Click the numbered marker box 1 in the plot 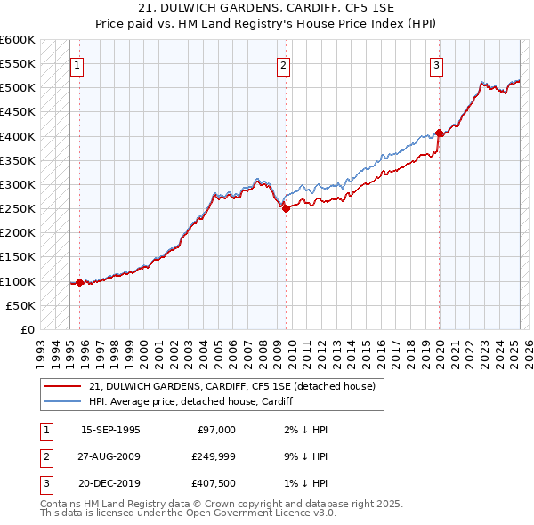coord(77,64)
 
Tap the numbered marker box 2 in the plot coord(283,64)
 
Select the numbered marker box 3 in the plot coord(437,64)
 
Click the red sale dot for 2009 coord(286,208)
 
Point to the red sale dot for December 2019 coord(440,133)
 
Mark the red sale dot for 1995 coord(80,282)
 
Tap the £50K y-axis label coord(20,306)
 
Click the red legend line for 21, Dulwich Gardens coord(63,387)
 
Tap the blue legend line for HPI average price coord(63,402)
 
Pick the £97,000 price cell coord(215,430)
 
